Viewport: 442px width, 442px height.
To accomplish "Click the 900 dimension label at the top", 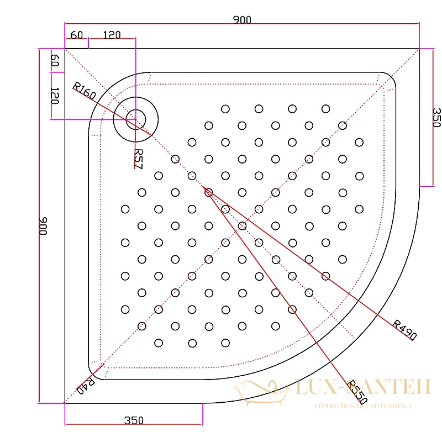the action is (242, 20).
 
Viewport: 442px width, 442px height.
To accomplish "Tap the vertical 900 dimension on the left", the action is (43, 226).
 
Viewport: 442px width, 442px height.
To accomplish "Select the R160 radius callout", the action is (85, 91).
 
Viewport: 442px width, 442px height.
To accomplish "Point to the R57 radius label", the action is (139, 159).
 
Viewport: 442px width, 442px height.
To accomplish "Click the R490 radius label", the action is (404, 329).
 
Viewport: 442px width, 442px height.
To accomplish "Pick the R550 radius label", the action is (357, 392).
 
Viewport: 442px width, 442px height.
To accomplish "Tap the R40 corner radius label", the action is (86, 386).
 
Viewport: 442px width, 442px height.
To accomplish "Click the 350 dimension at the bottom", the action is (134, 420).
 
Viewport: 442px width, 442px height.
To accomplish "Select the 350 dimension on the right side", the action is (436, 117).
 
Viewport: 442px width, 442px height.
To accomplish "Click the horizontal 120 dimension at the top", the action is (112, 35).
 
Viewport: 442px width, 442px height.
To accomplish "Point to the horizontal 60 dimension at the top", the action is (76, 35).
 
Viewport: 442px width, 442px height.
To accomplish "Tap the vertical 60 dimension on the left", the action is (55, 60).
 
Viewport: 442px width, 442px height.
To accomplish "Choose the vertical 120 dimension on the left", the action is (55, 96).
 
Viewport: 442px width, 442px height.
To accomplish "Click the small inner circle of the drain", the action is (135, 119).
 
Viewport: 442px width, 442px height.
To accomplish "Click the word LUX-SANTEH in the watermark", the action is (363, 387).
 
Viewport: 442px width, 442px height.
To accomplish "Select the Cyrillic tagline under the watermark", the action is (363, 406).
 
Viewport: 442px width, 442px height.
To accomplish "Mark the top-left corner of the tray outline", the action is (65, 49).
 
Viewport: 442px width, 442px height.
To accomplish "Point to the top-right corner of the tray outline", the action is (419, 49).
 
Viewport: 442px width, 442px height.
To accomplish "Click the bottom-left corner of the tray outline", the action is (65, 403).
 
